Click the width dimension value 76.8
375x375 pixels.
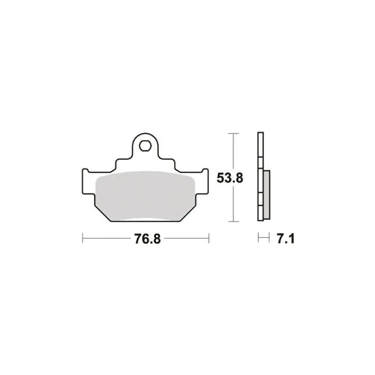(x=147, y=239)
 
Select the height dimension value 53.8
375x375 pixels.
(x=230, y=178)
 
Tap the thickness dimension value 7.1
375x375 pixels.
(x=285, y=239)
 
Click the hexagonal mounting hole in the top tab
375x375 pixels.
(x=145, y=146)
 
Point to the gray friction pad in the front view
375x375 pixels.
(x=145, y=196)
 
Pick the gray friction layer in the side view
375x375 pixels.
(x=267, y=195)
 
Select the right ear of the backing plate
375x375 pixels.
(x=202, y=181)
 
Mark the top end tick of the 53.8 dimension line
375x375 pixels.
(x=233, y=134)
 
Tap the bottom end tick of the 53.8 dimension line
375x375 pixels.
(x=233, y=221)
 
